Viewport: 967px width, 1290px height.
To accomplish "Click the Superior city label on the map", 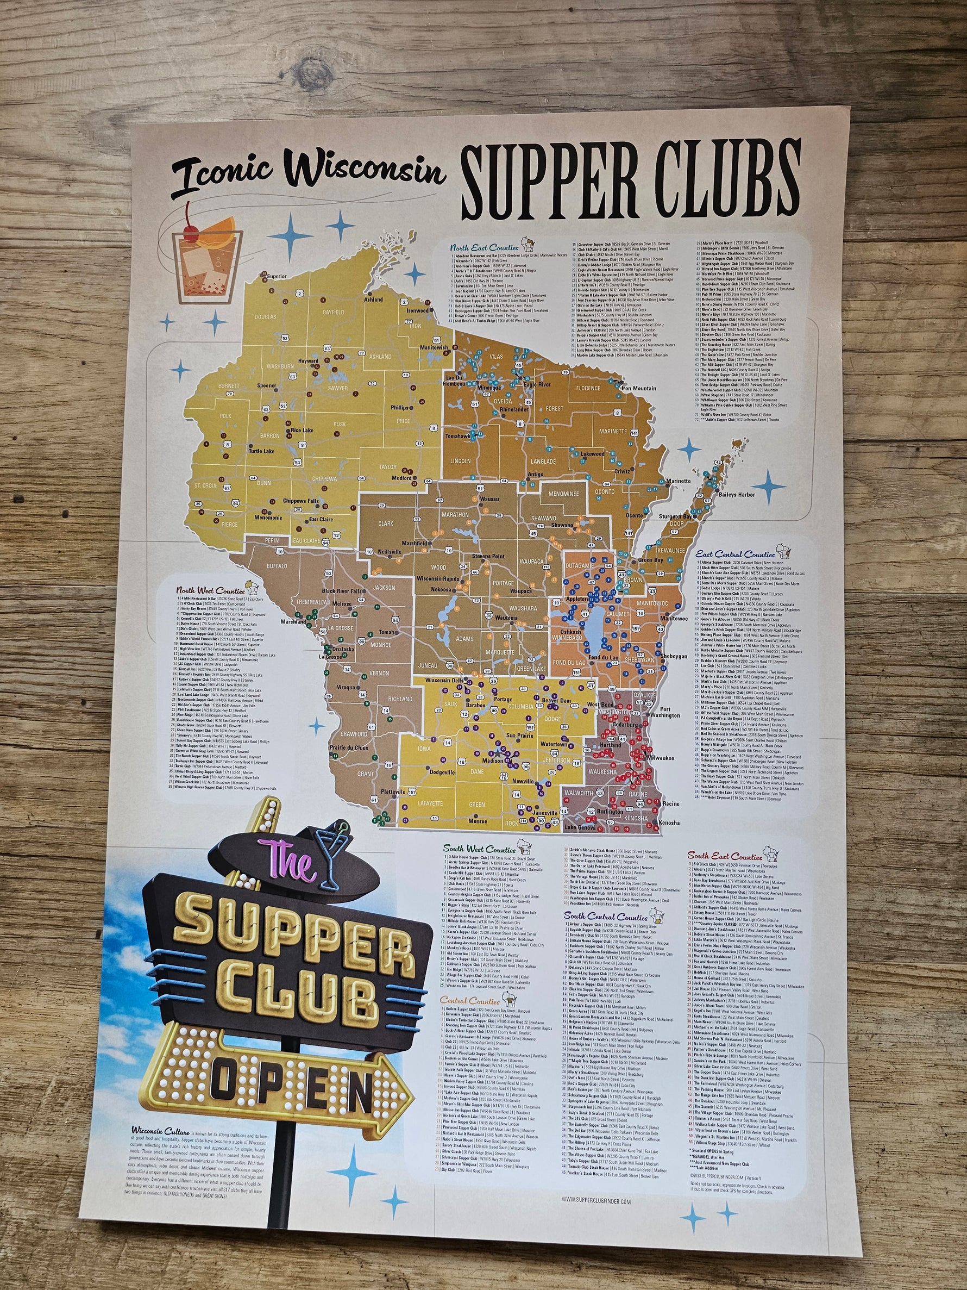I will click(277, 275).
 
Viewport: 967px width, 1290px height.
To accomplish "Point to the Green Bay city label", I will click(650, 560).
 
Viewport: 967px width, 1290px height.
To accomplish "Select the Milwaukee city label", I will click(661, 758).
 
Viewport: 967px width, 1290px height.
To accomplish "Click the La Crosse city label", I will click(329, 656).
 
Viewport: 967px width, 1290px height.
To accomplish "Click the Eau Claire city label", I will click(321, 519).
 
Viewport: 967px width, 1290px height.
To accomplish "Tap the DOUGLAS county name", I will click(265, 317).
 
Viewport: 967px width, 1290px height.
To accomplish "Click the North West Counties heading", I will click(210, 591).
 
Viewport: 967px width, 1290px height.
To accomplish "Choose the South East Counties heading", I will click(725, 857).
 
